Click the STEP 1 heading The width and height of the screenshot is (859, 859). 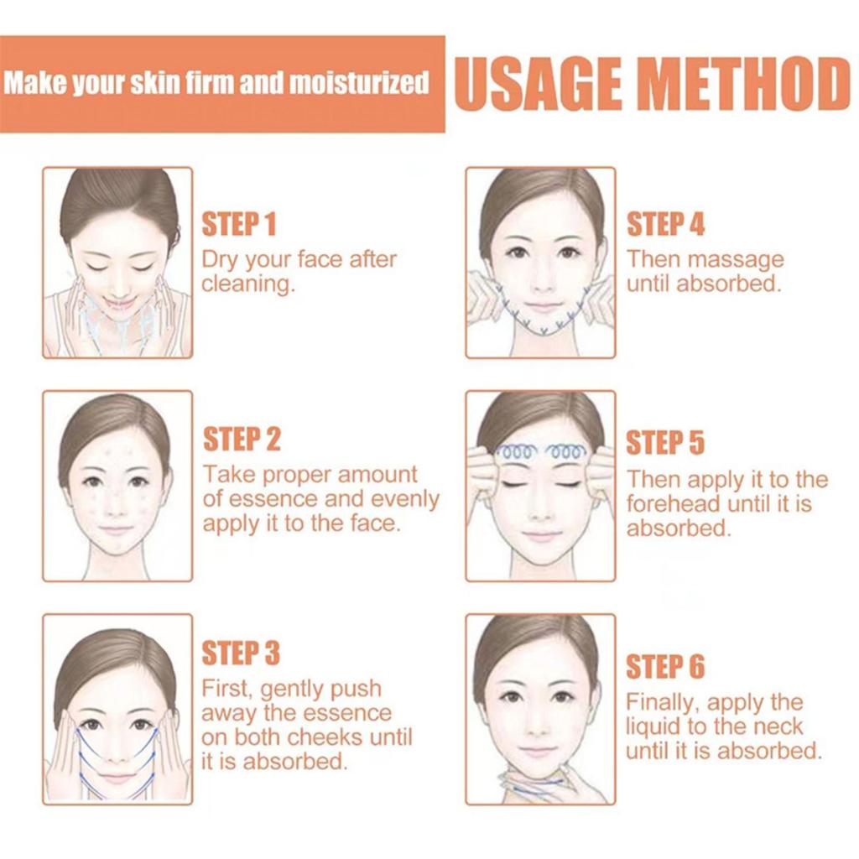(239, 225)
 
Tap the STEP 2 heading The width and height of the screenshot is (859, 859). (242, 439)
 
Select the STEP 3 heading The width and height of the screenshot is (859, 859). (241, 653)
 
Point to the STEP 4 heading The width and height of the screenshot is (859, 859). (665, 225)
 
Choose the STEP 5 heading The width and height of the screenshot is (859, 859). (665, 443)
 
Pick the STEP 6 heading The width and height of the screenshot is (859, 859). (665, 667)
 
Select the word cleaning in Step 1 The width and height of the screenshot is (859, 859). (247, 284)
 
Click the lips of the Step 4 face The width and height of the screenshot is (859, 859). (543, 307)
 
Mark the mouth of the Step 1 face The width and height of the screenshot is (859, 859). (118, 302)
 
